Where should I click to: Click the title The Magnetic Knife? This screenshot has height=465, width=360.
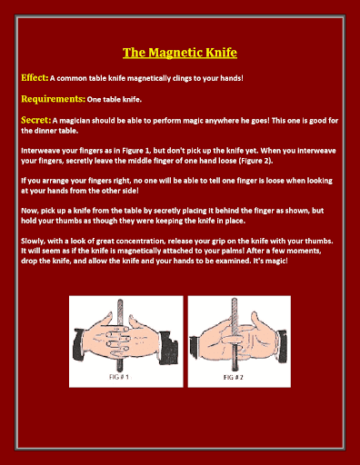pos(180,53)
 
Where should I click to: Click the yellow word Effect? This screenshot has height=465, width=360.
pos(35,78)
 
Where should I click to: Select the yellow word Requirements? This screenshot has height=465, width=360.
pos(53,99)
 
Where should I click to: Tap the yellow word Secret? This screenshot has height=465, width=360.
pos(35,120)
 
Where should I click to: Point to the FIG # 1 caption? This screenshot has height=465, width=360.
pos(119,377)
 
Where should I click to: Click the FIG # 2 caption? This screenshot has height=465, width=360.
pos(233,377)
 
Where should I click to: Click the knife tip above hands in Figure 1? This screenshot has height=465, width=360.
pos(120,301)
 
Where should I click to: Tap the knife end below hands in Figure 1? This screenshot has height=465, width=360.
pos(120,369)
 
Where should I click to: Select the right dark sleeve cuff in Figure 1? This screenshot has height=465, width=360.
pos(168,346)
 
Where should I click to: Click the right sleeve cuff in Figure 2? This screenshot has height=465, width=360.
pos(281,347)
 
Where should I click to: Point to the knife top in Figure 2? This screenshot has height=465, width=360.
pos(235,300)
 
